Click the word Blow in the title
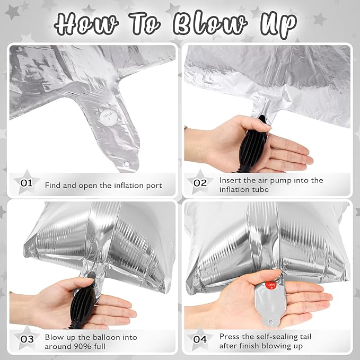(210, 23)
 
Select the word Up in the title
(278, 25)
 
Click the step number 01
(27, 183)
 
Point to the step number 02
(200, 183)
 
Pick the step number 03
(27, 339)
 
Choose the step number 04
(200, 339)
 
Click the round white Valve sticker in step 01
(109, 117)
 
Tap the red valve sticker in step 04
(271, 285)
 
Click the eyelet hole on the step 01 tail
(127, 164)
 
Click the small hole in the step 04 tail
(271, 321)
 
